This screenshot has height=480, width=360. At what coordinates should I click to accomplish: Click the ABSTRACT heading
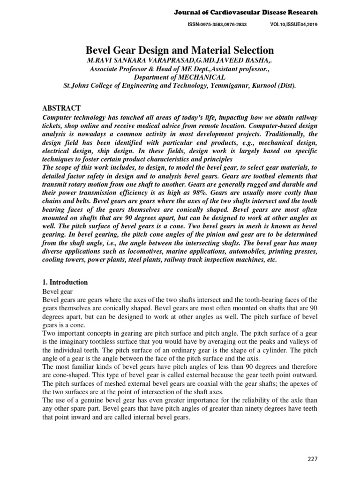pyautogui.click(x=61, y=108)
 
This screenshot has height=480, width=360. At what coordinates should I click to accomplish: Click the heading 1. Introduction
pyautogui.click(x=65, y=282)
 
